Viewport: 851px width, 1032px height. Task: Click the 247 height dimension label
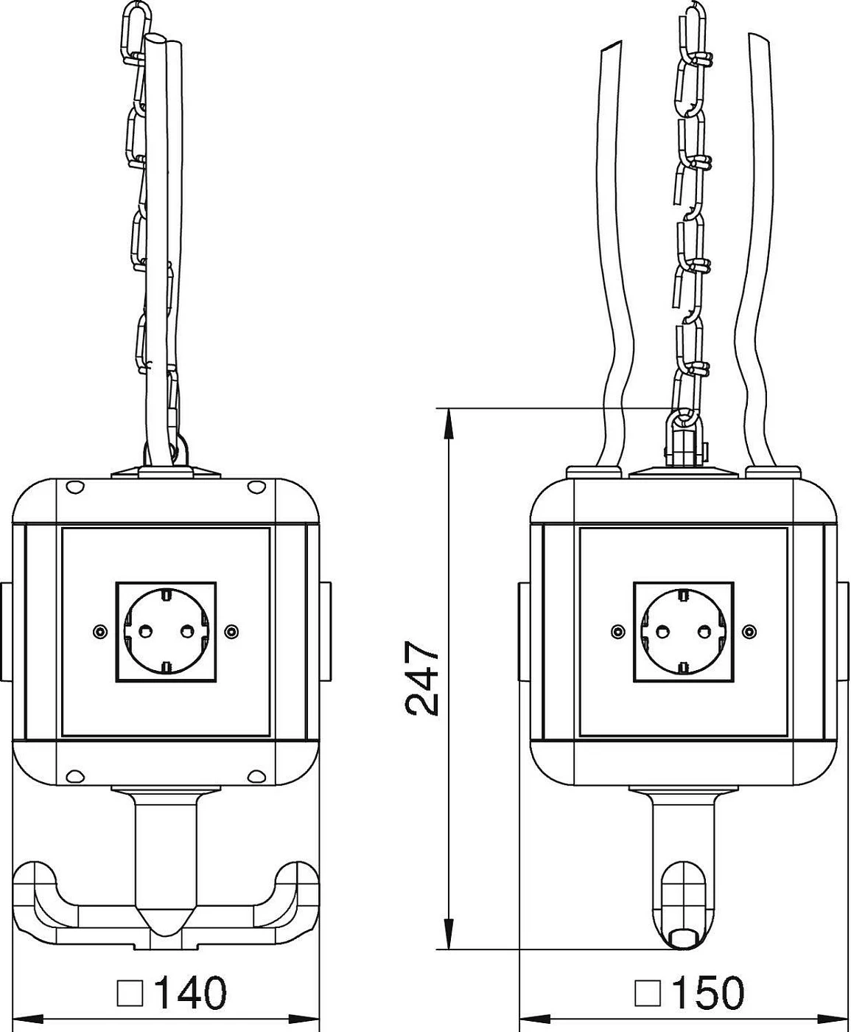(421, 678)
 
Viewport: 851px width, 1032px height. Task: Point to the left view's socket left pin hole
(145, 631)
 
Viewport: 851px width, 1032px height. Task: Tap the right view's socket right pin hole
(704, 631)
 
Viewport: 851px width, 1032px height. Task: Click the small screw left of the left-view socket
(99, 631)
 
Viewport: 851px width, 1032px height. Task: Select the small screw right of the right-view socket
(750, 631)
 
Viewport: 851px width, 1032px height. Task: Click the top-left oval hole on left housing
(74, 487)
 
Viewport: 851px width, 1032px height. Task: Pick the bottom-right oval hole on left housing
(256, 775)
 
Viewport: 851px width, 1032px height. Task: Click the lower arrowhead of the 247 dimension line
(449, 934)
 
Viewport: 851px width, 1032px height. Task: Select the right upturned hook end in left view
(298, 879)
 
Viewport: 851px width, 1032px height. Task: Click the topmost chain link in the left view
(133, 29)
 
